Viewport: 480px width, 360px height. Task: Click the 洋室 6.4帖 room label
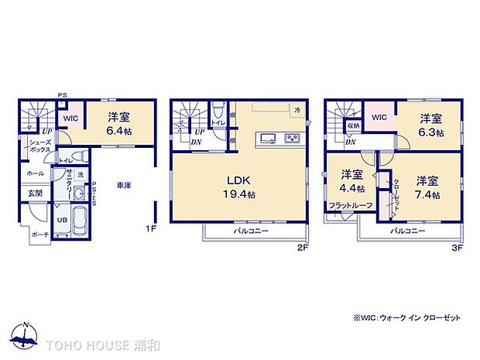(118, 124)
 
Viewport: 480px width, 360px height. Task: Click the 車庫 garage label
(123, 186)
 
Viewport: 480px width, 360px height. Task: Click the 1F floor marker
(153, 230)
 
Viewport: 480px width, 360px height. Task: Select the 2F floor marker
(304, 250)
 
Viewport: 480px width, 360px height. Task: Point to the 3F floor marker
(458, 250)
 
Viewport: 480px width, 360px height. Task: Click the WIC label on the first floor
(70, 118)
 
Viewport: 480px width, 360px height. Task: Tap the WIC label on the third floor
(379, 117)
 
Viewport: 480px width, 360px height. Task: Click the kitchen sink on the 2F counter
(267, 139)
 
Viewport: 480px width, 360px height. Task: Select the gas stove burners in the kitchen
(293, 139)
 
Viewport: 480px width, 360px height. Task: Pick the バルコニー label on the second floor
(252, 231)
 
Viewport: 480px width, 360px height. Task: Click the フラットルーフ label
(351, 204)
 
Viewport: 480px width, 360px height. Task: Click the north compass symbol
(25, 334)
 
